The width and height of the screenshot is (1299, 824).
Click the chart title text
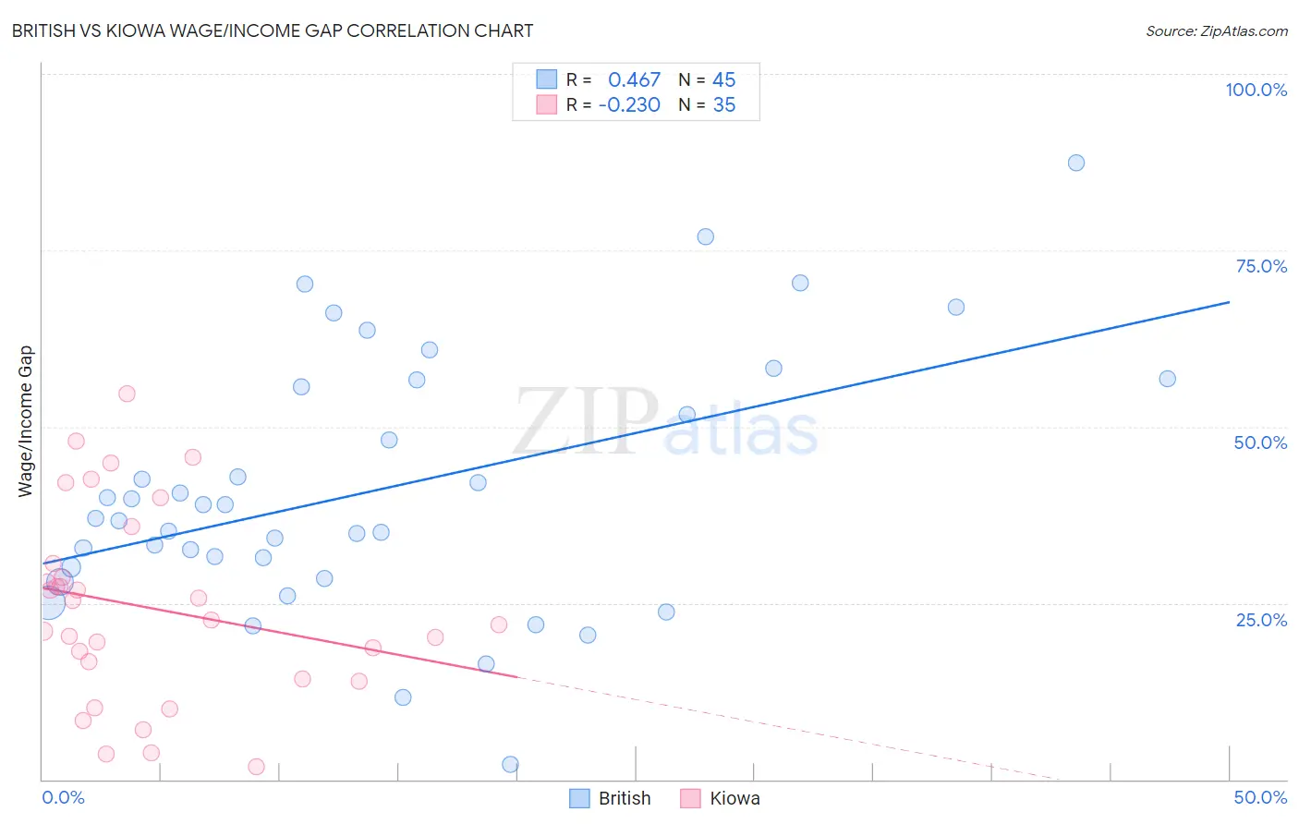tap(273, 30)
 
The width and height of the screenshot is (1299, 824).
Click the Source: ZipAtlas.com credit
tap(1216, 30)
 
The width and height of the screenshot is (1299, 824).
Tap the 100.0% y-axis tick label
tap(1256, 90)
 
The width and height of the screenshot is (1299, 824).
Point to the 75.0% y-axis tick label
tap(1261, 266)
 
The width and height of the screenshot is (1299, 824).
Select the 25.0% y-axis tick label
tap(1261, 619)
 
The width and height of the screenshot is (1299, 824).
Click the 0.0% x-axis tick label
tap(63, 797)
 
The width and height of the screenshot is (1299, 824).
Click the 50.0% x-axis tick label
tap(1260, 797)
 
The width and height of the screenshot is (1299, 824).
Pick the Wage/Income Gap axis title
tap(25, 421)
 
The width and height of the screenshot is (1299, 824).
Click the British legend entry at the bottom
tap(611, 798)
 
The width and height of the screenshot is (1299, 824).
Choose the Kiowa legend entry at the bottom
tap(721, 798)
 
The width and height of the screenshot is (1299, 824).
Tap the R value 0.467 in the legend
tap(634, 80)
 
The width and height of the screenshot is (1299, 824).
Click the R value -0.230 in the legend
tap(629, 105)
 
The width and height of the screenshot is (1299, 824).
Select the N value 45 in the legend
tap(723, 80)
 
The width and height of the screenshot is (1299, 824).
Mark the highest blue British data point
tap(1075, 163)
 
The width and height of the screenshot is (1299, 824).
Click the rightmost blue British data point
tap(1167, 379)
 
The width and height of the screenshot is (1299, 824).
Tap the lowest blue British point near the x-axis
tap(510, 764)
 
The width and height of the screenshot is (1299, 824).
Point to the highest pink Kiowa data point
tap(127, 394)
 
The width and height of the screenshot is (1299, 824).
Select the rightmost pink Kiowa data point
tap(499, 624)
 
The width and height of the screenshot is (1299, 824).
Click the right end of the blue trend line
tap(1229, 302)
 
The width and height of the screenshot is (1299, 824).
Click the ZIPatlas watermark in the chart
tap(665, 422)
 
